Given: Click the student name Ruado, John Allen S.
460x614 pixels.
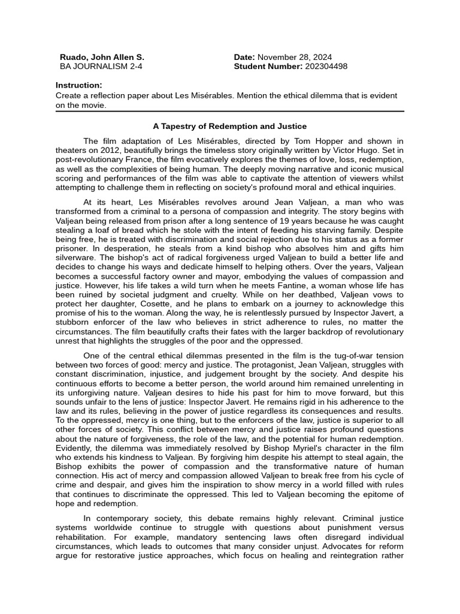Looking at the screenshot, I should pyautogui.click(x=102, y=57).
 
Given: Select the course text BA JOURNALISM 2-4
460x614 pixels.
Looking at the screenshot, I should pyautogui.click(x=101, y=67).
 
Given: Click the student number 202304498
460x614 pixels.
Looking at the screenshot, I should pyautogui.click(x=326, y=67).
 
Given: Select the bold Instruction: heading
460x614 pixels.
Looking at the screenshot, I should pyautogui.click(x=78, y=85).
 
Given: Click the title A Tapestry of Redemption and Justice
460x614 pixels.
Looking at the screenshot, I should pyautogui.click(x=230, y=127).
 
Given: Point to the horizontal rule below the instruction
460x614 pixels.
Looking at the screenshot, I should pyautogui.click(x=230, y=111).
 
